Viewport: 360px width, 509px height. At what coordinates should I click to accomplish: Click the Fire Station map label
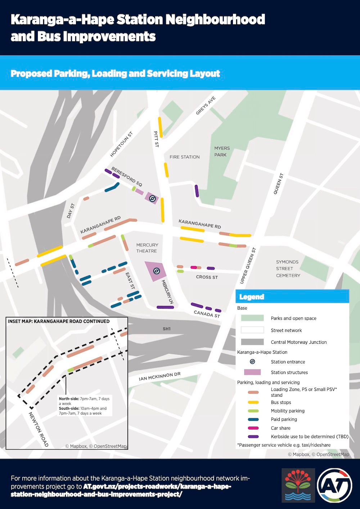[x=184, y=157]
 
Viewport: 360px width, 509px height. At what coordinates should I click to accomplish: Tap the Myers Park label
[x=221, y=152]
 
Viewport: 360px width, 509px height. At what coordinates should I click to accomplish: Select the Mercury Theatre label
[x=147, y=248]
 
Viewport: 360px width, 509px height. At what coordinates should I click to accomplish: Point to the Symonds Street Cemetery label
[x=288, y=269]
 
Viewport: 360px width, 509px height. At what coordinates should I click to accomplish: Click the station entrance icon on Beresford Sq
[x=152, y=198]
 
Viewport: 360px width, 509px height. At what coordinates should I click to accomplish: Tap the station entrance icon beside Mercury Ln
[x=157, y=271]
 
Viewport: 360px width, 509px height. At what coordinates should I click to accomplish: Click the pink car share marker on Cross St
[x=194, y=267]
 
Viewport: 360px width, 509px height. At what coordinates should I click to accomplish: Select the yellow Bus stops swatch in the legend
[x=253, y=402]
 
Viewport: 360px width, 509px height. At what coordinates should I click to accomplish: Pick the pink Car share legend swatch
[x=253, y=428]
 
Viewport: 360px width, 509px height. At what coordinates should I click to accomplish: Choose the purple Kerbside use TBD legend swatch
[x=253, y=437]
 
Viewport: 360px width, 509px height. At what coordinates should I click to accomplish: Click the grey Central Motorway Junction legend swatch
[x=252, y=342]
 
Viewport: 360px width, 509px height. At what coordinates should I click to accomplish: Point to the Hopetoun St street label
[x=121, y=144]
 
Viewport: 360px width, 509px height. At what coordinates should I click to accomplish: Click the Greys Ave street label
[x=206, y=105]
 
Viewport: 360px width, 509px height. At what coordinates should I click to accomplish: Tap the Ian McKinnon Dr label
[x=159, y=377]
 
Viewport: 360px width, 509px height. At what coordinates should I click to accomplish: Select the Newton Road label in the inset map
[x=39, y=429]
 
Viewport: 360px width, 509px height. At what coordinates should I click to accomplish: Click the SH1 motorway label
[x=167, y=329]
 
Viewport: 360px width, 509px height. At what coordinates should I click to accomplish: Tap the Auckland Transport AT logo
[x=334, y=485]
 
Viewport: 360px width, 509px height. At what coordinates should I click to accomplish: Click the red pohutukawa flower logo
[x=298, y=485]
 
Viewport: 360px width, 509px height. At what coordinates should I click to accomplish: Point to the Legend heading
[x=252, y=297]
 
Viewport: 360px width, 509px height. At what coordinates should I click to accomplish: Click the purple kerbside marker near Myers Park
[x=197, y=191]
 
